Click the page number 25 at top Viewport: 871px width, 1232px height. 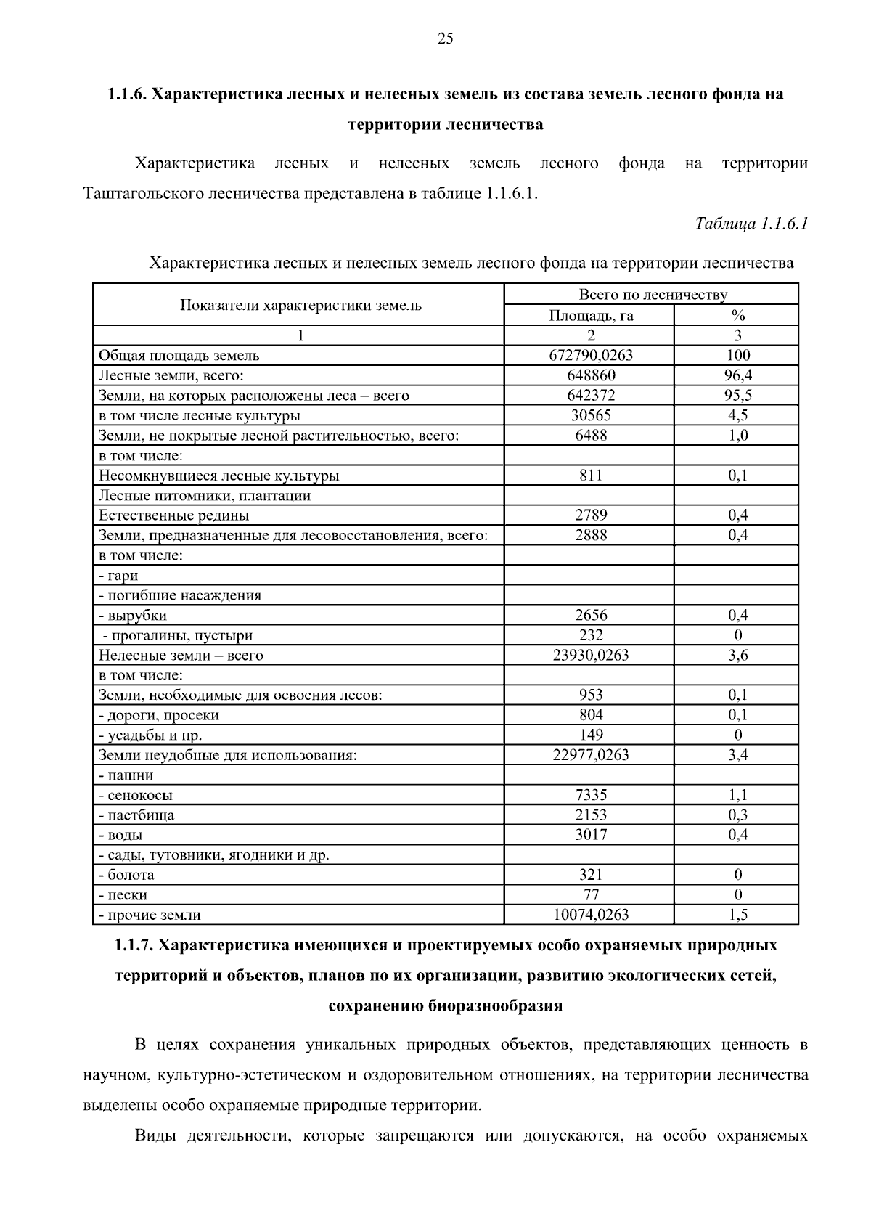(x=445, y=39)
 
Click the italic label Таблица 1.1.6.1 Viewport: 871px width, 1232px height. (x=751, y=224)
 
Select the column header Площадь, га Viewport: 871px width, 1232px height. (x=590, y=315)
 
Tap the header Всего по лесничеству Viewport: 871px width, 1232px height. (x=652, y=295)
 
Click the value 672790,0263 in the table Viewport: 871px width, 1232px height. (x=590, y=355)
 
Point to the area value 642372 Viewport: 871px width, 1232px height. (x=590, y=396)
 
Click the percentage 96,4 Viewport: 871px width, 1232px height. (x=737, y=375)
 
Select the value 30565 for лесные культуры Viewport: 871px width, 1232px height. (x=590, y=415)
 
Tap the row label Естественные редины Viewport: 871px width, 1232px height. (x=173, y=515)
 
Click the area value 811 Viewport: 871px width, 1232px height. (x=590, y=476)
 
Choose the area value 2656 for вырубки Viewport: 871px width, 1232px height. (x=590, y=615)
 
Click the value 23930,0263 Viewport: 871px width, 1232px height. (x=590, y=655)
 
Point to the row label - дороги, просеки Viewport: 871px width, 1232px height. (x=158, y=715)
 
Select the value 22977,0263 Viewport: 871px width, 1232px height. (x=590, y=755)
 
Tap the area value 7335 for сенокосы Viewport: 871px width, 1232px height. (x=590, y=795)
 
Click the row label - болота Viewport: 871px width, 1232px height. (x=126, y=875)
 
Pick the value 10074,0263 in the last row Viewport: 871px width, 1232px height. (x=590, y=915)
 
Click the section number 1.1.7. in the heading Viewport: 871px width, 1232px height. (x=134, y=946)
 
